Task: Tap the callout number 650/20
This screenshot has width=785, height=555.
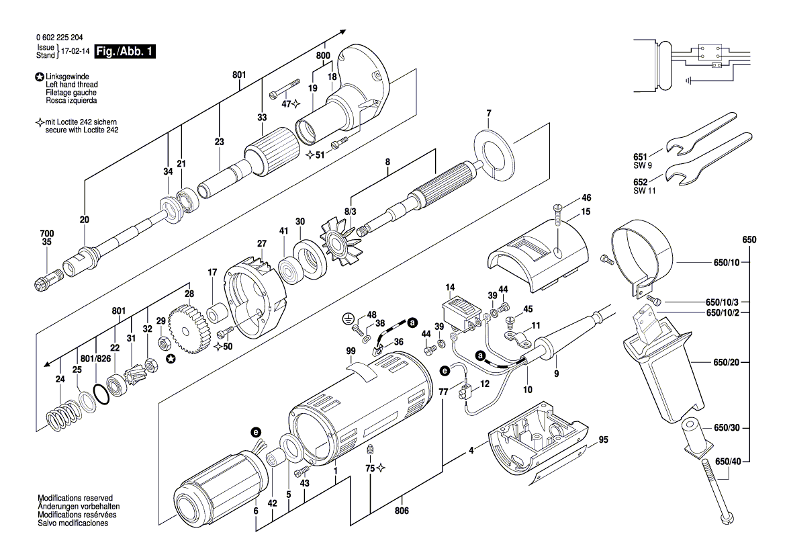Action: (726, 362)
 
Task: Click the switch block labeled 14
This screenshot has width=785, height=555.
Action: (460, 314)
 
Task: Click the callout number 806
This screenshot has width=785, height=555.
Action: (402, 511)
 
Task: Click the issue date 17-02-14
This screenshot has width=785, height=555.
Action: (75, 51)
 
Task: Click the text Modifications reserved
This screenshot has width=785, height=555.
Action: (75, 498)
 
